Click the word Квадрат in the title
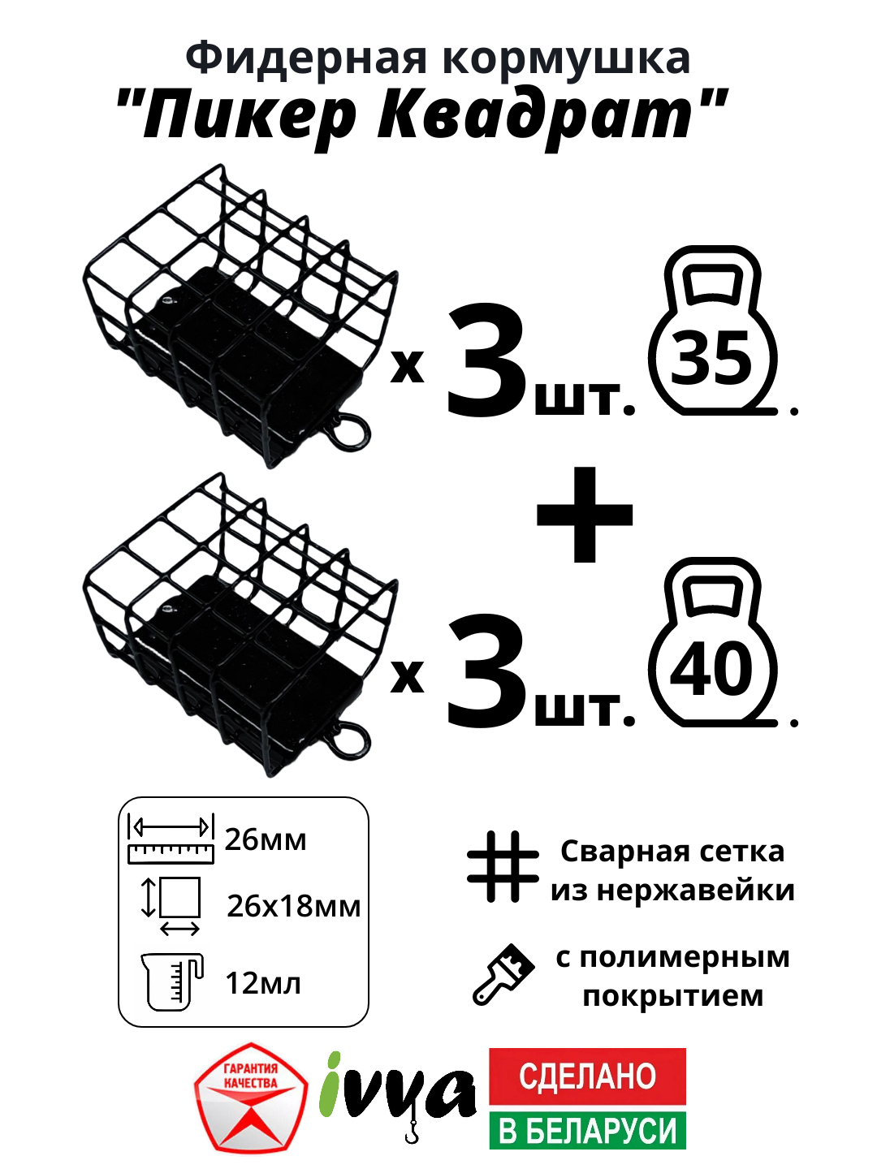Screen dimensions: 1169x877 point(536,115)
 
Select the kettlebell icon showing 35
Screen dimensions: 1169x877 point(713,333)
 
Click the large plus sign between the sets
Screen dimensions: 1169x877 point(585,515)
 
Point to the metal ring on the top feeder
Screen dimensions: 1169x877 point(350,430)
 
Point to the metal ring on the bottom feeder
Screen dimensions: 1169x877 point(350,739)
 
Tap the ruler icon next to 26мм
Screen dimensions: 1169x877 point(171,839)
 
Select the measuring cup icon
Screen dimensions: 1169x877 point(171,981)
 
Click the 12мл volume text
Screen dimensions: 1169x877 point(263,984)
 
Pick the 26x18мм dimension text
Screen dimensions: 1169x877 point(293,906)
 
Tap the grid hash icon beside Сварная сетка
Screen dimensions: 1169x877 point(503,867)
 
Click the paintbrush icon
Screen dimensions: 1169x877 point(503,973)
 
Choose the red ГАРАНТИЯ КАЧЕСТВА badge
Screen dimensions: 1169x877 point(251,1098)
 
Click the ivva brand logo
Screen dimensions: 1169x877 point(397,1093)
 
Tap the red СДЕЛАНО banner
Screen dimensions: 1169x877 point(587,1076)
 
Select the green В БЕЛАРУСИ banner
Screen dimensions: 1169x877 point(587,1131)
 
